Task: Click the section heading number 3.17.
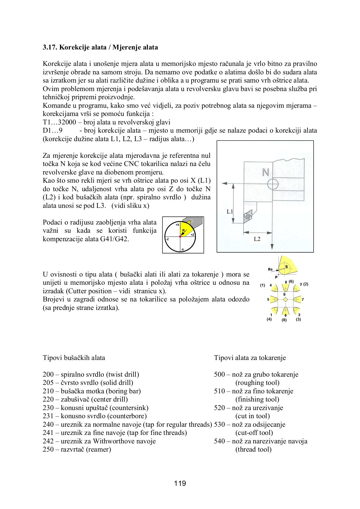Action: click(50, 47)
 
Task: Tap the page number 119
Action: click(180, 483)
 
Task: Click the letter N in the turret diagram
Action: click(265, 172)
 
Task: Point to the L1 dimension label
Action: click(230, 211)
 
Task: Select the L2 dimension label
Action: click(257, 239)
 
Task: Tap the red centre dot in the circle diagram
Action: click(180, 236)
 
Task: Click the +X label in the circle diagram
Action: click(177, 225)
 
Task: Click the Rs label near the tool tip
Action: click(270, 269)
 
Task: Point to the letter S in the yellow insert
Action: click(286, 267)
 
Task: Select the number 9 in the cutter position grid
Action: click(284, 294)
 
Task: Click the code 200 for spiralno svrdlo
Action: click(48, 374)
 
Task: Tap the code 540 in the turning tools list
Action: click(219, 441)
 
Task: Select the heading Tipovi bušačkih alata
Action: click(74, 358)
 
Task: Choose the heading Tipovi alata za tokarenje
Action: click(250, 358)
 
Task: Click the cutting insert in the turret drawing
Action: click(248, 217)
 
